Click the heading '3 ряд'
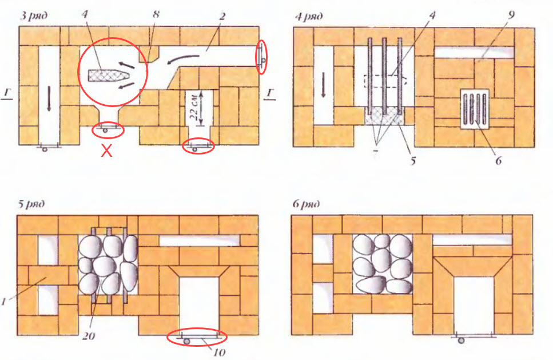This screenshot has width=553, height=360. click(x=34, y=16)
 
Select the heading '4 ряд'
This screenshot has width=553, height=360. click(x=309, y=17)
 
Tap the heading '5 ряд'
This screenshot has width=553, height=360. click(x=32, y=204)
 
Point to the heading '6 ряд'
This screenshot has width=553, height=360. click(x=306, y=204)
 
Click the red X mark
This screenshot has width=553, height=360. click(x=106, y=151)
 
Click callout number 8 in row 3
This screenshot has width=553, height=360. click(x=156, y=14)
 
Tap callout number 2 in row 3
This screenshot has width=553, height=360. click(x=222, y=17)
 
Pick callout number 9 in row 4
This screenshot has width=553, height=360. click(x=511, y=15)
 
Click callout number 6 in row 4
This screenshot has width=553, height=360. click(x=498, y=161)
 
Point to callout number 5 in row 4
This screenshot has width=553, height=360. click(x=413, y=161)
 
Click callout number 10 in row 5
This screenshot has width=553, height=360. click(x=219, y=352)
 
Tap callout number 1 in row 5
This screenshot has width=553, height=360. click(x=4, y=302)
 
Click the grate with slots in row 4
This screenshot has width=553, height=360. click(x=475, y=109)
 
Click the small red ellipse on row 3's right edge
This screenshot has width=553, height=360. click(x=261, y=57)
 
